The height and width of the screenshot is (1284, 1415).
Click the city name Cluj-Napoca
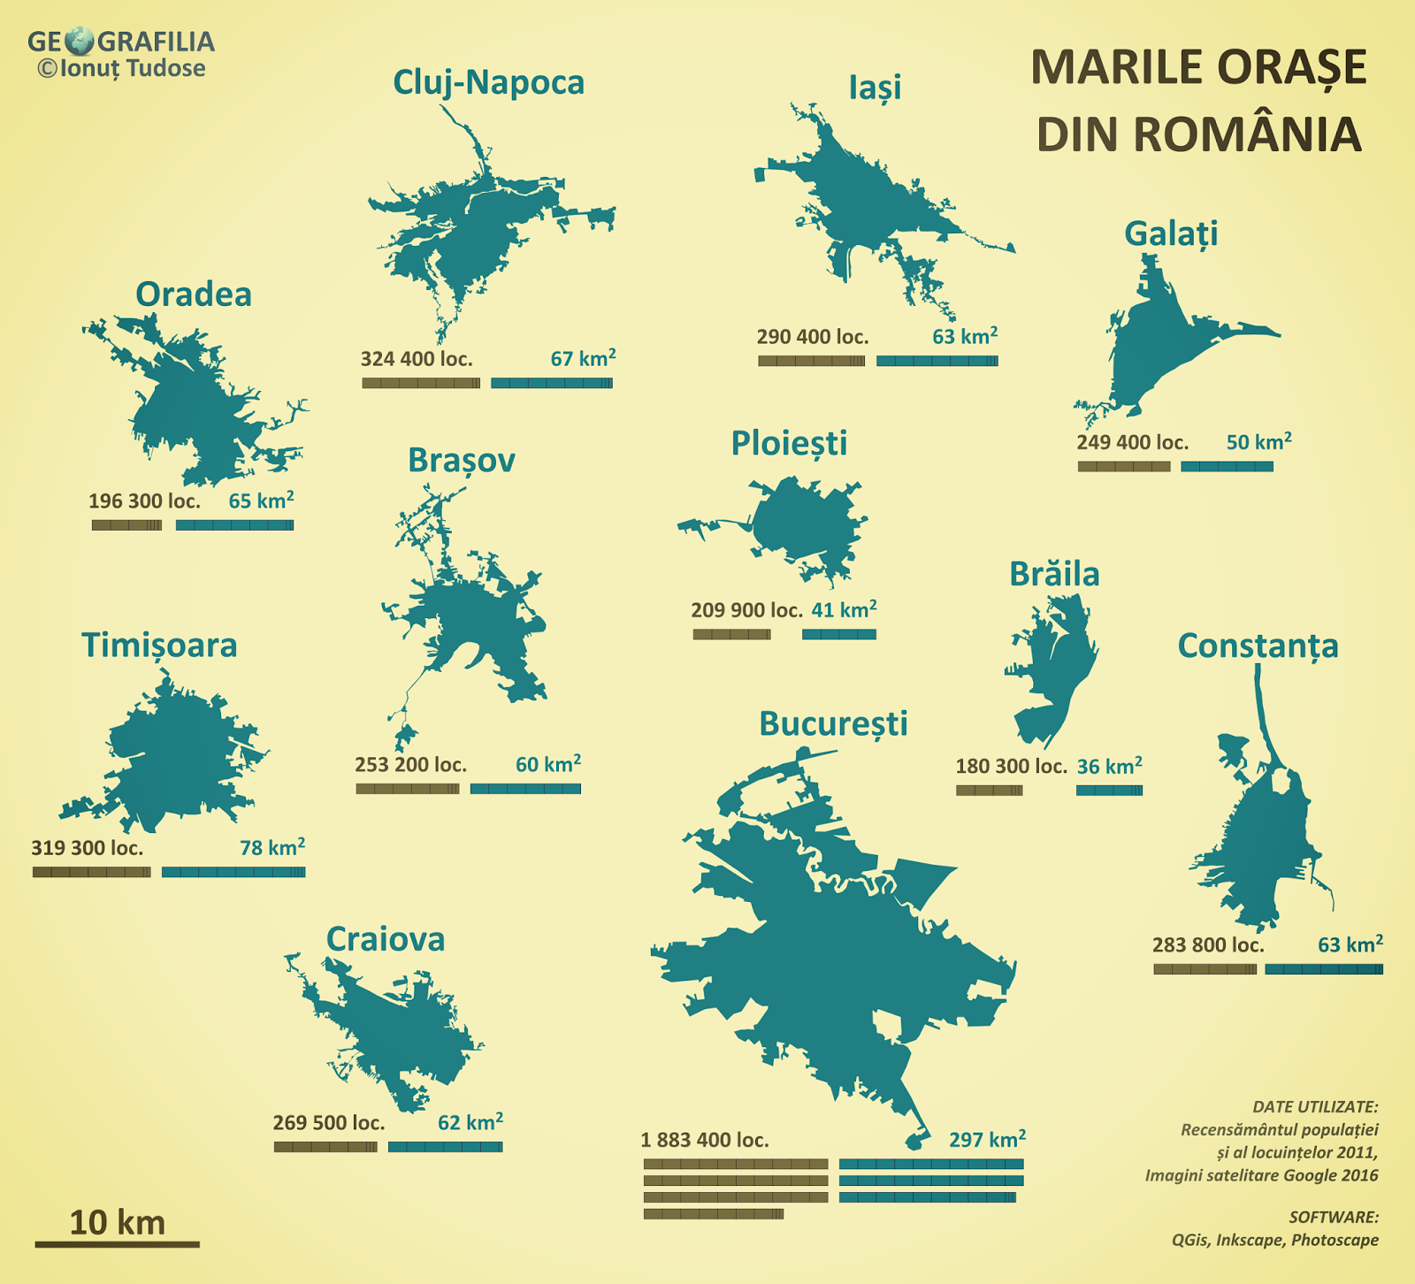[x=488, y=82]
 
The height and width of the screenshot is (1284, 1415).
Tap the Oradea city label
[x=193, y=294]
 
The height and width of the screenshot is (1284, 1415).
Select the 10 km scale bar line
[x=117, y=1244]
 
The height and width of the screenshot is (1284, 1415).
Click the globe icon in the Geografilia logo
[x=80, y=41]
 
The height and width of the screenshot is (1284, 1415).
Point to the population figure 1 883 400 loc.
[x=704, y=1140]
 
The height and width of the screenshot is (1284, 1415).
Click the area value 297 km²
[x=987, y=1139]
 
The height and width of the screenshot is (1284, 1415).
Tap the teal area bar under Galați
[x=1227, y=466]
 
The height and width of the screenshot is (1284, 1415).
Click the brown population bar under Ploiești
[x=731, y=634]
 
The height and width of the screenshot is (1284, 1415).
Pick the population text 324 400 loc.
[x=416, y=359]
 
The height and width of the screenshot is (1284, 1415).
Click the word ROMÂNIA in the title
[x=1198, y=134]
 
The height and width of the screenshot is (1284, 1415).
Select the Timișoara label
[x=159, y=646]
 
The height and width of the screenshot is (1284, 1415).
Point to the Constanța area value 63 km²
[x=1350, y=944]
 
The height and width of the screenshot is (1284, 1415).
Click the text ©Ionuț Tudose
[x=121, y=69]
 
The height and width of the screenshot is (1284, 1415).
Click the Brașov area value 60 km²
[x=547, y=764]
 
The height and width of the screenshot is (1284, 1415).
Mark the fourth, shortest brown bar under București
[x=713, y=1214]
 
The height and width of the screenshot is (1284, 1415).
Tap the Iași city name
[x=875, y=87]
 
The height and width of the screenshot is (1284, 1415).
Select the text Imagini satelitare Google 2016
[x=1261, y=1175]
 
